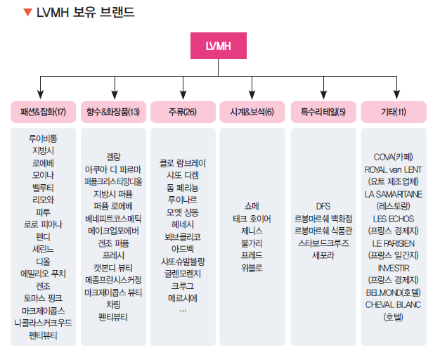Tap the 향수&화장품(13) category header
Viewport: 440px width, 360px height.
(x=113, y=112)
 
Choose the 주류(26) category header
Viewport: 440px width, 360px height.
(x=183, y=112)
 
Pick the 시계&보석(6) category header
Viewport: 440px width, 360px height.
(x=252, y=112)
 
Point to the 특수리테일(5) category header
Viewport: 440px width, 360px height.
(x=323, y=112)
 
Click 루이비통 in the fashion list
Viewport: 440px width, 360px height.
(x=44, y=139)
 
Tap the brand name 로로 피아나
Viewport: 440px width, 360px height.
(x=44, y=224)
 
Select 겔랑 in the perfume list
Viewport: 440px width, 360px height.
(x=113, y=156)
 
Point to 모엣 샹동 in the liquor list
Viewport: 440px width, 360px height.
(x=183, y=212)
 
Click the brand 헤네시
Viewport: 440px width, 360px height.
(x=183, y=224)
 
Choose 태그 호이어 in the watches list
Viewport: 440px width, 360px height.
(x=252, y=218)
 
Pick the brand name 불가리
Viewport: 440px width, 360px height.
(x=252, y=243)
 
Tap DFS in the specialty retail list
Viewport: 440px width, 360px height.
(x=323, y=206)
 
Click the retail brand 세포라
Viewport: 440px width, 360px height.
(x=323, y=255)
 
